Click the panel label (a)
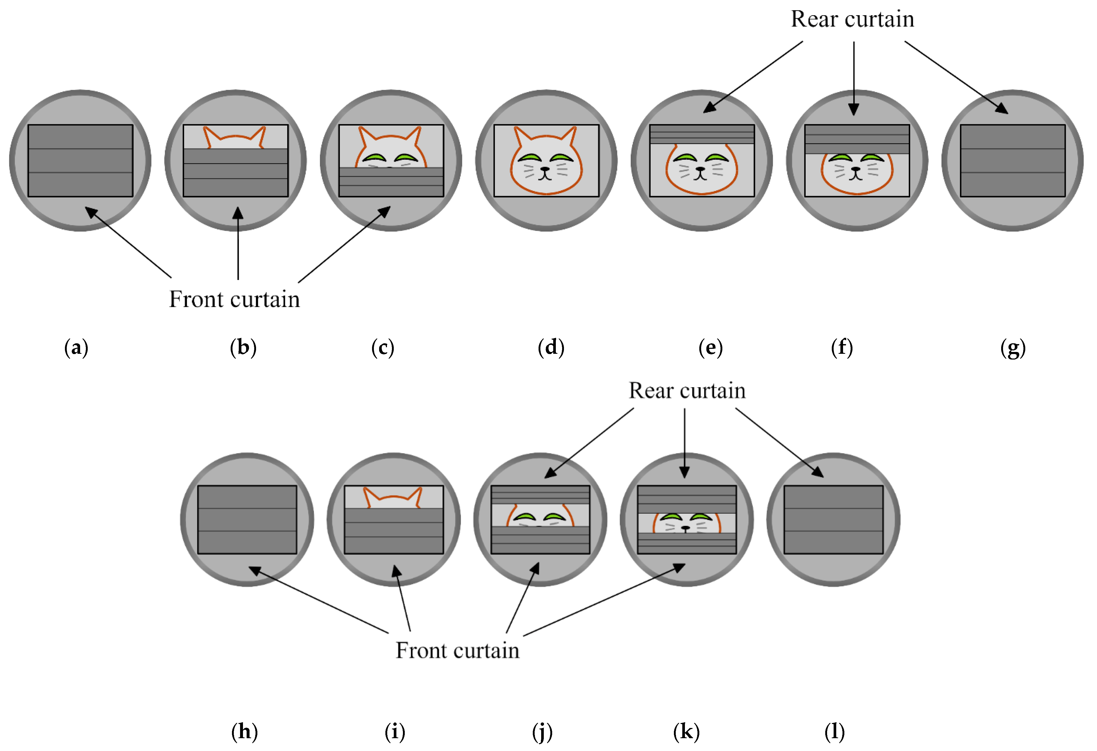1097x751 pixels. point(76,348)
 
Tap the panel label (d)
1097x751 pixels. point(551,348)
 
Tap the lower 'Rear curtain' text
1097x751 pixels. point(687,391)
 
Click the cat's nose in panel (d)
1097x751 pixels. point(546,169)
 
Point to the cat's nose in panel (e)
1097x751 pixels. point(701,169)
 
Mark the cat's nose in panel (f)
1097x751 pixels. point(856,169)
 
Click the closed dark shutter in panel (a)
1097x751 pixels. point(80,160)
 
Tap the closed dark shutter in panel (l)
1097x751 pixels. point(833,519)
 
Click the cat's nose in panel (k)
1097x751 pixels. point(686,527)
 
